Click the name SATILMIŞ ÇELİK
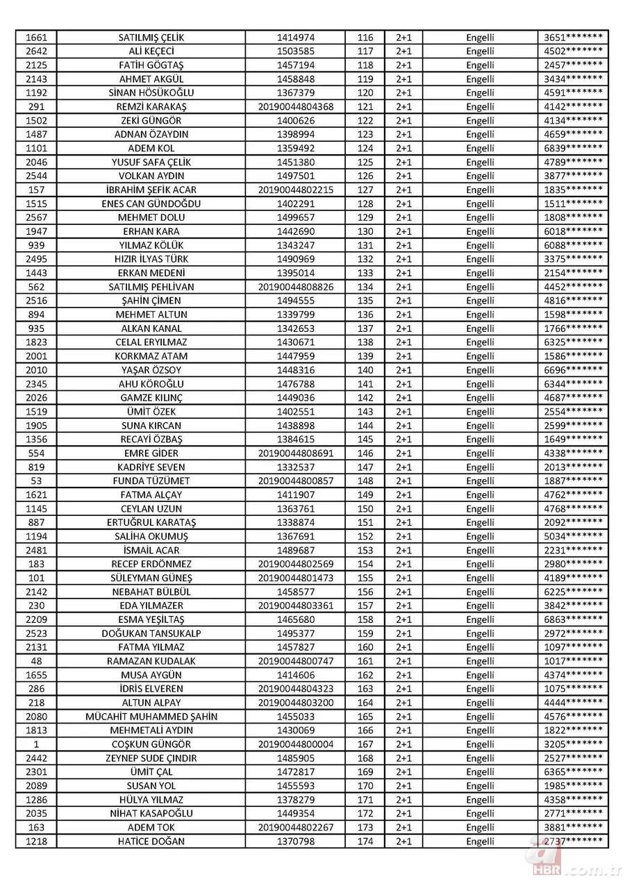point(151,37)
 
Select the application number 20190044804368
point(295,107)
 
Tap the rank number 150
point(365,509)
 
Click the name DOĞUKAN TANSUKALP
point(151,633)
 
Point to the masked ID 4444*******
point(573,703)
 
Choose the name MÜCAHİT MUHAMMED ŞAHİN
point(151,717)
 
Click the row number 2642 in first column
point(35,51)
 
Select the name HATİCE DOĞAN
point(151,842)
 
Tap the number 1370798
point(295,842)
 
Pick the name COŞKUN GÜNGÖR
point(151,744)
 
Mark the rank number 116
point(365,37)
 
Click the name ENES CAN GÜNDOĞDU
point(151,203)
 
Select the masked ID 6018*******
point(573,231)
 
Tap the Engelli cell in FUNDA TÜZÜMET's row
point(480,481)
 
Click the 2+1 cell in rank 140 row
point(403,370)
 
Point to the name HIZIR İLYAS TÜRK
point(151,259)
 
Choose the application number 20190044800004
point(295,744)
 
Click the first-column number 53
point(35,481)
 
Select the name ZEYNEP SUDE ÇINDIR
point(151,758)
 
